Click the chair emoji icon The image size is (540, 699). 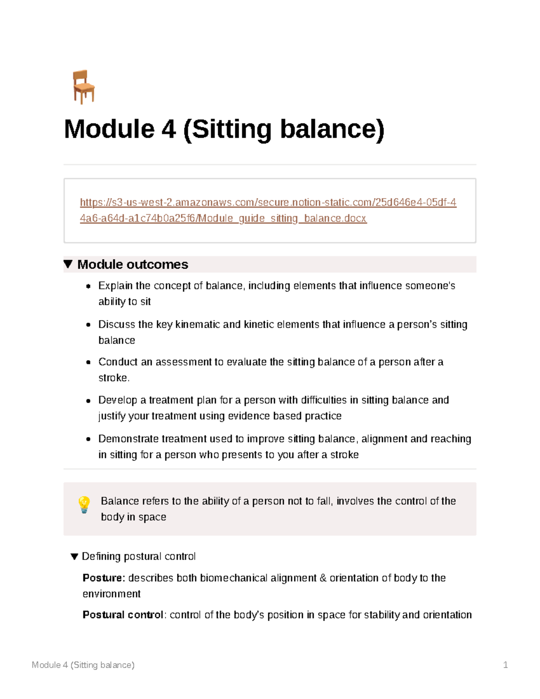[x=83, y=87]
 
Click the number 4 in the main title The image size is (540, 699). [x=168, y=129]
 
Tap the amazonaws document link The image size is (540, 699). [x=268, y=210]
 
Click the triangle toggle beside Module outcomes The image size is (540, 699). [x=68, y=264]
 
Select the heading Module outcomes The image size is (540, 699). [x=132, y=264]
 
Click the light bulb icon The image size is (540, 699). [x=84, y=505]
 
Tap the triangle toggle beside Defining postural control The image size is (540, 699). [x=75, y=557]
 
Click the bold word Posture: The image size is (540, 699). [x=103, y=578]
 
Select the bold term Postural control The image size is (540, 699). [x=122, y=615]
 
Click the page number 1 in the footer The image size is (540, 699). [x=505, y=665]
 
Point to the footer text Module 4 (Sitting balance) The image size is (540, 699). [x=83, y=665]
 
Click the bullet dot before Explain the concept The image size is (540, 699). [x=89, y=286]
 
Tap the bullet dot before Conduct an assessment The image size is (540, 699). [x=89, y=362]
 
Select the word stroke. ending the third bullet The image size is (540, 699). [x=114, y=378]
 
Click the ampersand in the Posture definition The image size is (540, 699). [x=323, y=578]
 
